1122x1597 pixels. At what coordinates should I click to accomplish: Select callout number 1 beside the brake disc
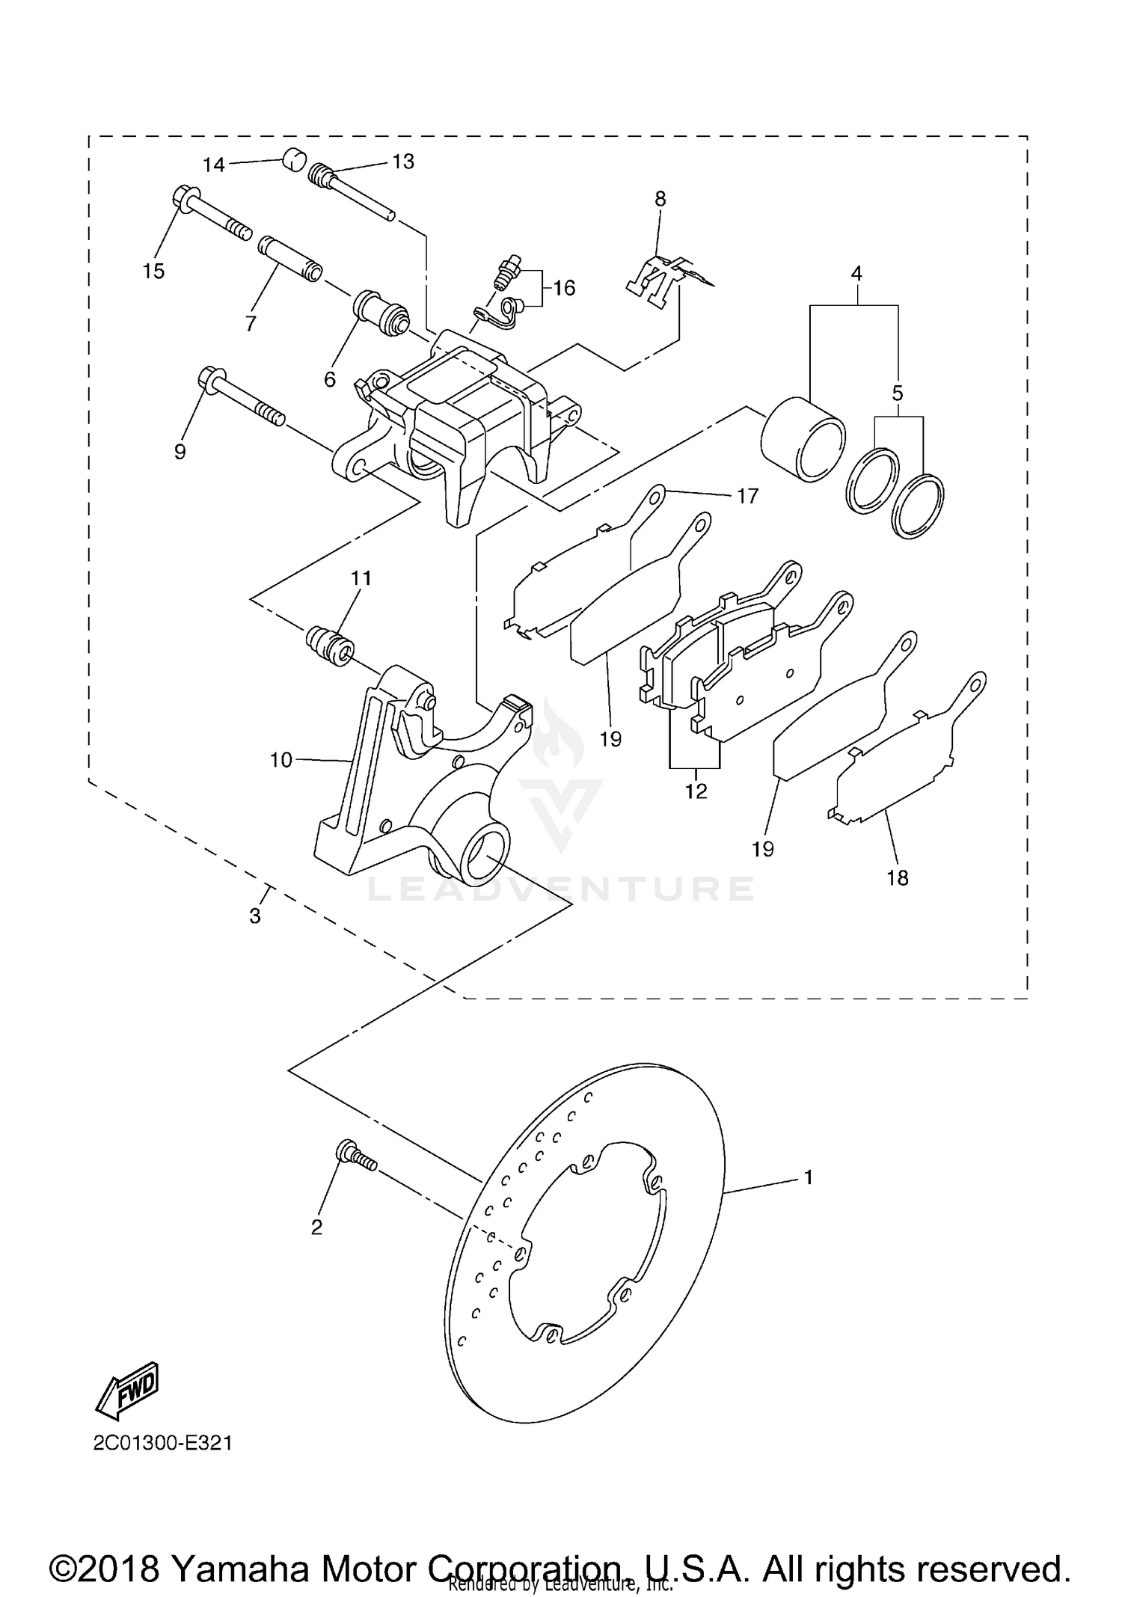[808, 1177]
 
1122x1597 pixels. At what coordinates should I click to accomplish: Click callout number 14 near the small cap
[214, 165]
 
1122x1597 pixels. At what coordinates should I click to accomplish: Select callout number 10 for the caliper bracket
[280, 760]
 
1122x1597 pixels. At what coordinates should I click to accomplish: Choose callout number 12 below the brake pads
[696, 791]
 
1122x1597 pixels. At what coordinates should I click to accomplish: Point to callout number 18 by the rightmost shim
[897, 877]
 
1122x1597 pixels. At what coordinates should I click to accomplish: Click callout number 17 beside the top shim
[747, 495]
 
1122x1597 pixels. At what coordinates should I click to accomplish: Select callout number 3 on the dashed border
[255, 915]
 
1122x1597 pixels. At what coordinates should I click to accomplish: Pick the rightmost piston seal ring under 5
[919, 505]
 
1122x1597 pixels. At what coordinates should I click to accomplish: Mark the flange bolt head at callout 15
[184, 199]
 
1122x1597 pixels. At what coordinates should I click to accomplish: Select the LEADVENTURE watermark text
[561, 889]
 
